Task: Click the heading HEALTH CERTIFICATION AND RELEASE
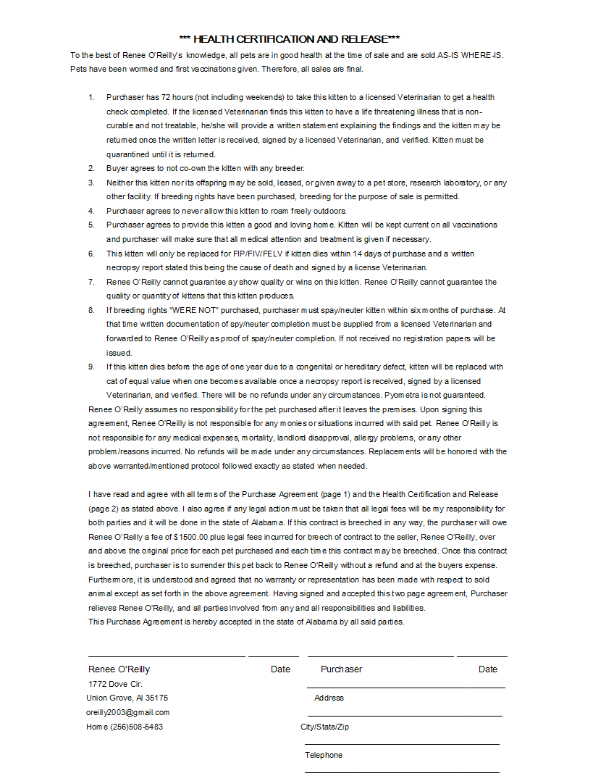click(289, 39)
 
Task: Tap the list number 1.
click(91, 97)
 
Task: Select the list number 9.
click(91, 367)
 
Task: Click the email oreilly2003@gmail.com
click(128, 712)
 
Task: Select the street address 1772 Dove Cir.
click(115, 684)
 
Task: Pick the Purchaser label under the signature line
click(341, 669)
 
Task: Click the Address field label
click(329, 698)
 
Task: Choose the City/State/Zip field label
click(324, 727)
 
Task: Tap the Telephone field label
click(324, 755)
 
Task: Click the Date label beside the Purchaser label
click(488, 669)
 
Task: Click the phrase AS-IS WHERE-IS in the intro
click(471, 55)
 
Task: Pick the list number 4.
click(91, 211)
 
